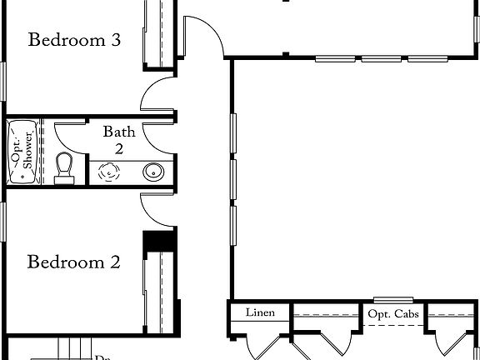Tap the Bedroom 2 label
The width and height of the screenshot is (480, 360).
(x=75, y=262)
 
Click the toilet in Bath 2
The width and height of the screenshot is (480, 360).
(x=64, y=167)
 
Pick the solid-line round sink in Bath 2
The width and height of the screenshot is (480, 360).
(x=153, y=172)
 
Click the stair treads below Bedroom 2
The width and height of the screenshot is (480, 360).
(x=71, y=347)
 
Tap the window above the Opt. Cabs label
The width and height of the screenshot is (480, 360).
(x=393, y=300)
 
